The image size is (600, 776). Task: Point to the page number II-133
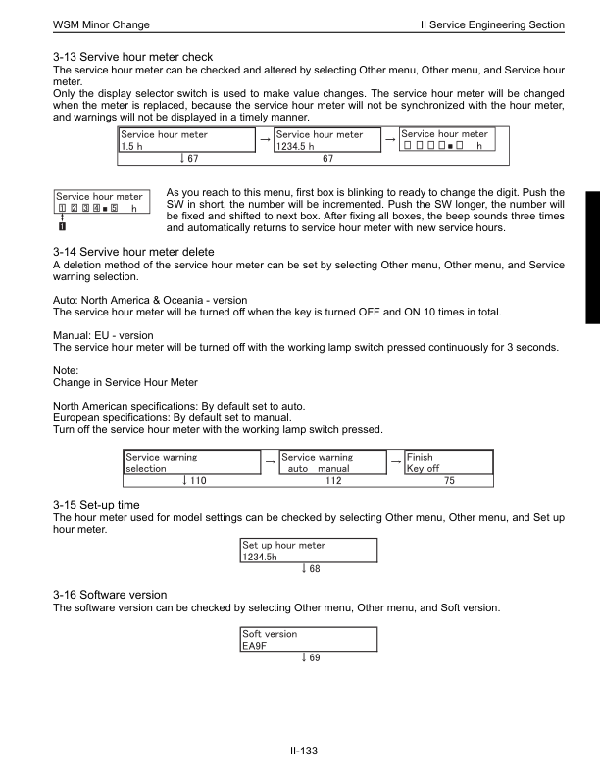(x=299, y=752)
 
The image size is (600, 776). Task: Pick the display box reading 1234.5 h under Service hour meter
(x=329, y=140)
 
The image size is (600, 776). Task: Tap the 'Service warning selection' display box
(x=189, y=462)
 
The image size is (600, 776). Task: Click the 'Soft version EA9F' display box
(x=308, y=640)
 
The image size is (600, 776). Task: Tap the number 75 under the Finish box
(x=449, y=481)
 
